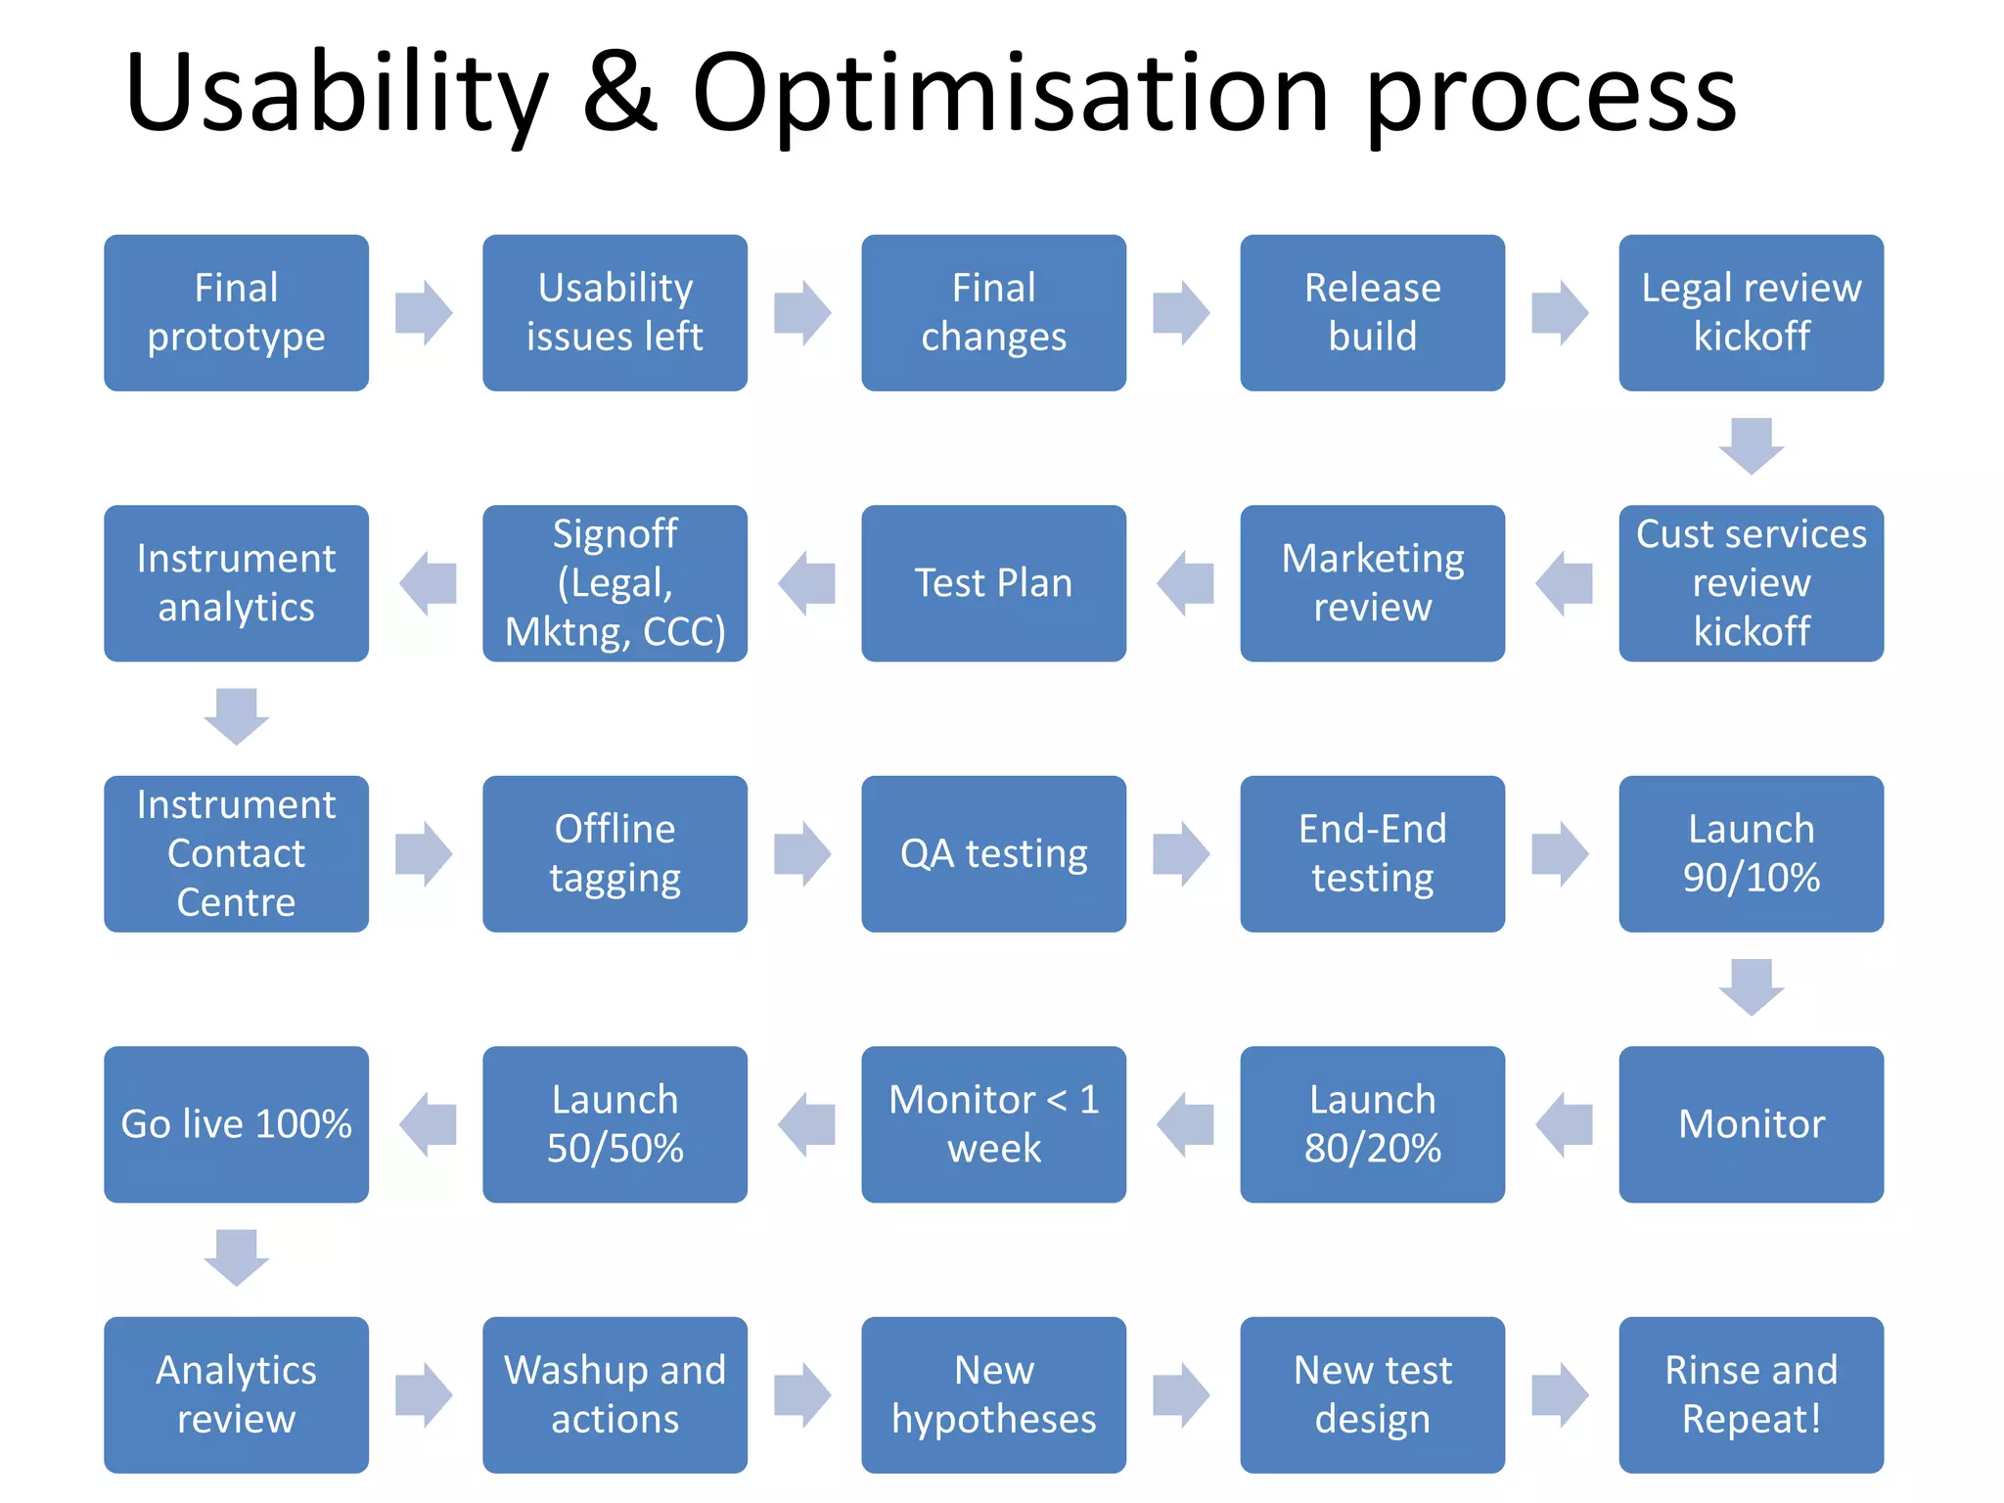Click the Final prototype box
236,312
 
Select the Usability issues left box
615,312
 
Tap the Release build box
1372,312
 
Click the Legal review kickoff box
1751,312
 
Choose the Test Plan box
993,583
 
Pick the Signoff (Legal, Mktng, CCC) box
615,583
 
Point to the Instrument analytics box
236,583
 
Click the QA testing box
993,853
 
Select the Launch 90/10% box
1751,853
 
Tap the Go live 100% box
236,1124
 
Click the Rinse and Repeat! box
1751,1394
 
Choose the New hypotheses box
993,1394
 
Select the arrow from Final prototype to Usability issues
424,313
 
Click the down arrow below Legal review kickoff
1751,446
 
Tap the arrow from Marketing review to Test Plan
1185,583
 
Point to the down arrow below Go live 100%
236,1257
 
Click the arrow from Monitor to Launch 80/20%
1564,1124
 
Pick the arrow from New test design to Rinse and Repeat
1560,1394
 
